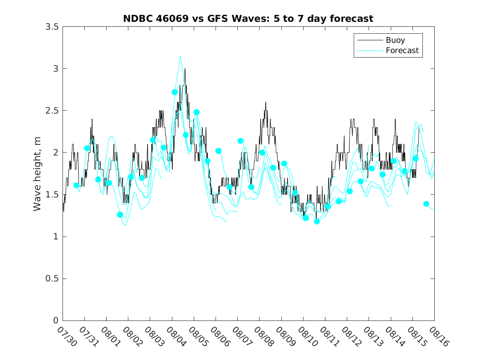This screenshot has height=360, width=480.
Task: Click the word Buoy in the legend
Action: tap(395, 40)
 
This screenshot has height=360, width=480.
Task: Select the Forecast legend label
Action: tap(402, 51)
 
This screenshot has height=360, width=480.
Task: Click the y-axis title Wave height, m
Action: tap(37, 174)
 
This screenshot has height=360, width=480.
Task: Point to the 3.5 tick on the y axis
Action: tap(52, 26)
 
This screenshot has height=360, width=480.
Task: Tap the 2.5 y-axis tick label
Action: tap(52, 111)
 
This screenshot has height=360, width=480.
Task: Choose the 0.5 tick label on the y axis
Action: tap(52, 279)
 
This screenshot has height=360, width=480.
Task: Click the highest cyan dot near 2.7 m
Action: tap(175, 92)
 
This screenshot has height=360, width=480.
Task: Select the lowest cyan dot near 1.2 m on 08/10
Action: tap(317, 221)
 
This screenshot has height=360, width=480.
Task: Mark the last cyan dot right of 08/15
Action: tap(426, 204)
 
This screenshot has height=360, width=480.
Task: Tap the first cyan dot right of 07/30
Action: tap(76, 186)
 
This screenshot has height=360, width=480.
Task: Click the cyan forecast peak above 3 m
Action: tap(180, 56)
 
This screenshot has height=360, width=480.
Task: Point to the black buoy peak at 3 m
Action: tap(185, 69)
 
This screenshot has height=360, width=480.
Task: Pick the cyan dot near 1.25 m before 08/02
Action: tap(120, 215)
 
